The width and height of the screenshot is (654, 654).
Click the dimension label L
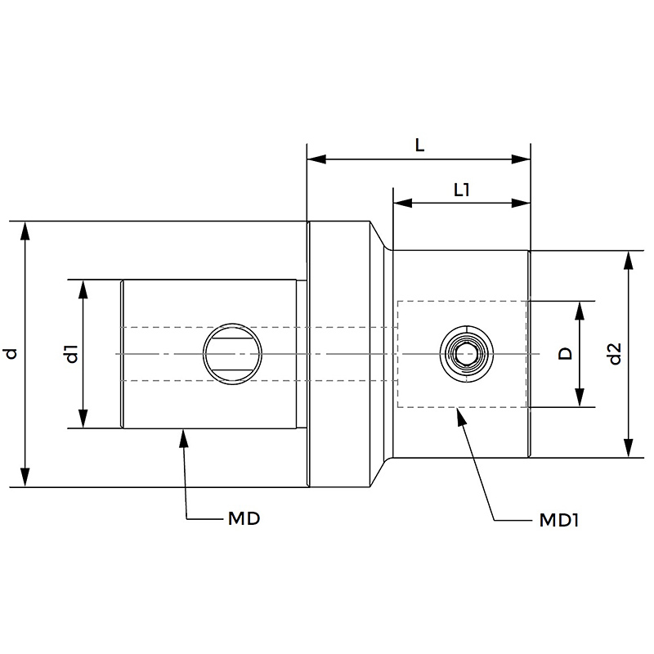(419, 146)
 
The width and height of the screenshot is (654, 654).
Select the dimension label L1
(462, 190)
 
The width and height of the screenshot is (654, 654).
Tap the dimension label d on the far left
(11, 354)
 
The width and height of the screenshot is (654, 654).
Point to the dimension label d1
(72, 354)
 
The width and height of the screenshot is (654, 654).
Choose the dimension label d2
(615, 354)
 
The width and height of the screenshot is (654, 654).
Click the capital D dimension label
(565, 354)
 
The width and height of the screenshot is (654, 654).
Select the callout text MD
(244, 519)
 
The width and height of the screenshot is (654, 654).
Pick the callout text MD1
(558, 520)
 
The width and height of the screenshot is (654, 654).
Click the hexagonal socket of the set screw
(466, 355)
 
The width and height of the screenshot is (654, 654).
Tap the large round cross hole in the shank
(232, 354)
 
